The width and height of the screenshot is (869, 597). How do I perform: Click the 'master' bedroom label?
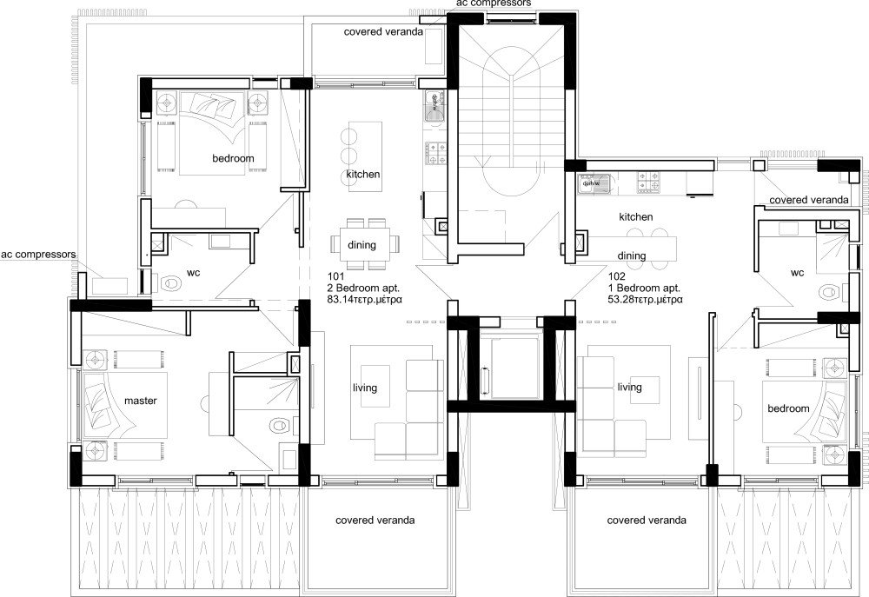pyautogui.click(x=140, y=401)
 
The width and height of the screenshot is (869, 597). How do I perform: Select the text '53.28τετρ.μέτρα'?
pyautogui.click(x=646, y=299)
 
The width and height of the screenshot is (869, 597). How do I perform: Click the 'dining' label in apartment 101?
pyautogui.click(x=362, y=245)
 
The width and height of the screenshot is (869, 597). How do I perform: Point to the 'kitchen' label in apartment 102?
pyautogui.click(x=635, y=216)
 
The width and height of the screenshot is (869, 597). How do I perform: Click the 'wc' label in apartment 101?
pyautogui.click(x=194, y=273)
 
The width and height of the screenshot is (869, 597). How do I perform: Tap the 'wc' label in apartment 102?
pyautogui.click(x=798, y=273)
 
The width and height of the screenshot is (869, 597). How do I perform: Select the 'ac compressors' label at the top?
pyautogui.click(x=491, y=4)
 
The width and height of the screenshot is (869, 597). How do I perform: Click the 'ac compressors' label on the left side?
pyautogui.click(x=38, y=255)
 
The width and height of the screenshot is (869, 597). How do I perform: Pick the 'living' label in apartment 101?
pyautogui.click(x=365, y=388)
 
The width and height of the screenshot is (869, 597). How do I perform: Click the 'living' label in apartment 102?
pyautogui.click(x=629, y=388)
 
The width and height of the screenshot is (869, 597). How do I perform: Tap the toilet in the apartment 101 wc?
pyautogui.click(x=171, y=283)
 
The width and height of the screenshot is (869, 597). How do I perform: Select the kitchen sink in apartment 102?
pyautogui.click(x=593, y=182)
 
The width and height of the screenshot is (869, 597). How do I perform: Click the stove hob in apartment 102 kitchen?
pyautogui.click(x=648, y=182)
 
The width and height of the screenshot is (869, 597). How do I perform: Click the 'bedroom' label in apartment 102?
pyautogui.click(x=787, y=408)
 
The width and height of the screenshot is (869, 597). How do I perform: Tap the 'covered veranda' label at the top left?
pyautogui.click(x=383, y=31)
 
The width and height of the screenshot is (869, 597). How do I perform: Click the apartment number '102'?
pyautogui.click(x=620, y=275)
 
